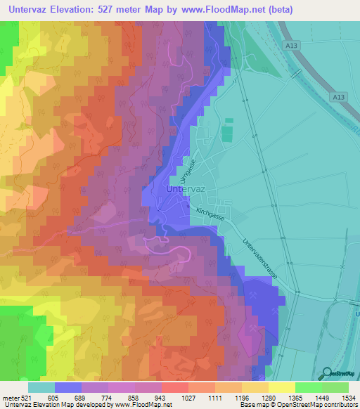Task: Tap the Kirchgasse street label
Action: tap(211, 211)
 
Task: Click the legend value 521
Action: tap(25, 398)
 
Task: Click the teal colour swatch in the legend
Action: tap(41, 387)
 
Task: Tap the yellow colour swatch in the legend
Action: tap(281, 387)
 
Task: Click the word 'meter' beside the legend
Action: tap(9, 398)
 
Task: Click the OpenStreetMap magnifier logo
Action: tap(326, 373)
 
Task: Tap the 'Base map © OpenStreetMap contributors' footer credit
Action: tap(298, 405)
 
